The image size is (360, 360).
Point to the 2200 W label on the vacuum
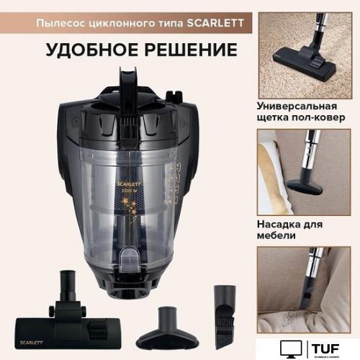tap(135, 192)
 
